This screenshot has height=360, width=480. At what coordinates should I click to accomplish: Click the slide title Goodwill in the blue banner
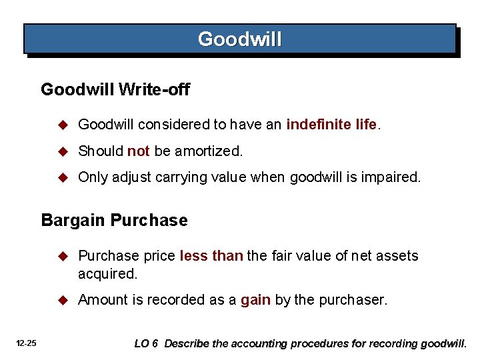(240, 39)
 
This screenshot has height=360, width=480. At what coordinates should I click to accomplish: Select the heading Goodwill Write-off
(115, 89)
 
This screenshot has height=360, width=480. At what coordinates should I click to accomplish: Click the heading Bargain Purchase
(114, 220)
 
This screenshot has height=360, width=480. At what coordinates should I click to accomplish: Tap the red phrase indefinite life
(331, 125)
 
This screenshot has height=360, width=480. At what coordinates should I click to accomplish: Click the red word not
(138, 151)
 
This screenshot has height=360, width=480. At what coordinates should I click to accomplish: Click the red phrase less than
(211, 255)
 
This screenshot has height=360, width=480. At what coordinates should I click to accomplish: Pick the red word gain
(255, 300)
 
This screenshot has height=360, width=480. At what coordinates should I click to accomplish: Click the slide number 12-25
(27, 343)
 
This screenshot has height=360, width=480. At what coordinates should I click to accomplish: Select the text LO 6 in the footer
(146, 344)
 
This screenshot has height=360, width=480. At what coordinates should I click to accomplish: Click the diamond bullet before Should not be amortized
(63, 151)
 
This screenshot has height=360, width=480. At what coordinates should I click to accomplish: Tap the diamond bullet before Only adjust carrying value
(63, 178)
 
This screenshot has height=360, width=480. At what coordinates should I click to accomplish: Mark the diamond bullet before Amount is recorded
(63, 300)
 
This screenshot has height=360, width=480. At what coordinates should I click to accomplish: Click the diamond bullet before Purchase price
(63, 256)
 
